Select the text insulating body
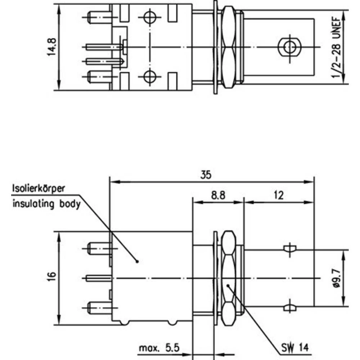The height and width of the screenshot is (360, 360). pos(46,204)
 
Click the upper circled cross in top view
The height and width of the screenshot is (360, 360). pos(149,17)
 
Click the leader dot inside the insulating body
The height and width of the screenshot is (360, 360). pos(137,262)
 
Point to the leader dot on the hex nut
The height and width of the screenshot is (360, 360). pos(228,285)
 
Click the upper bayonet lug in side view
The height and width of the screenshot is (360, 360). pos(289,249)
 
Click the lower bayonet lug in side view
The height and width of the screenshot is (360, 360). pos(289,307)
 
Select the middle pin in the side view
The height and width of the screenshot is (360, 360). pos(99,278)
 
